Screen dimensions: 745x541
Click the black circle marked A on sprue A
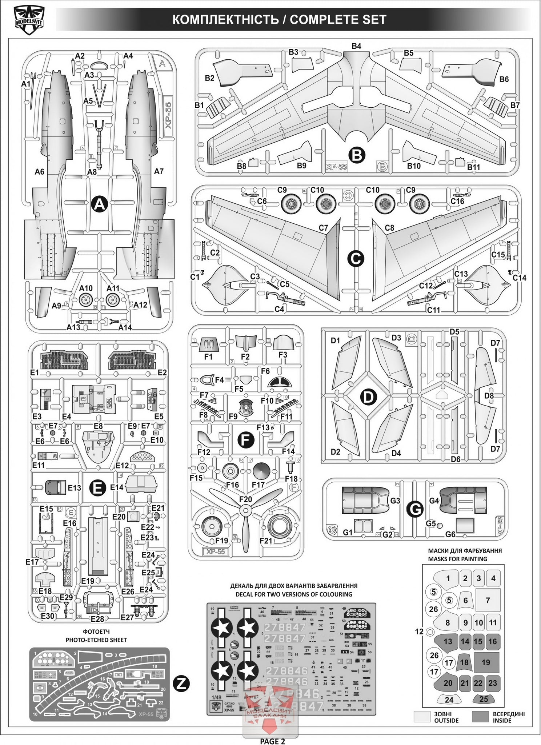(x=99, y=205)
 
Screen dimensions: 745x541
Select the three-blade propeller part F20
(x=245, y=511)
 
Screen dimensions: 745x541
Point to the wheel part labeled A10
(x=86, y=300)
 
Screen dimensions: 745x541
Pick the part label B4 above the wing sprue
(x=356, y=46)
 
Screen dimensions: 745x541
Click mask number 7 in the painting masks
(x=488, y=601)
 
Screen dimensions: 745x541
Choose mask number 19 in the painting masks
(x=486, y=662)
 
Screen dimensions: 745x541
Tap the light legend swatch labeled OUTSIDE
(x=422, y=716)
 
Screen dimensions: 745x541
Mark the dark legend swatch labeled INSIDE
(x=480, y=716)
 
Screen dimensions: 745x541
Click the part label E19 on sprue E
(x=88, y=581)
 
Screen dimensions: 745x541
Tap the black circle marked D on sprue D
(x=369, y=397)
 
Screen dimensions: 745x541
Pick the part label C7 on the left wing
(x=323, y=228)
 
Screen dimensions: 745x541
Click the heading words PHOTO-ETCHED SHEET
(x=96, y=640)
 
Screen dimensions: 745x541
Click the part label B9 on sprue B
(x=301, y=166)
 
